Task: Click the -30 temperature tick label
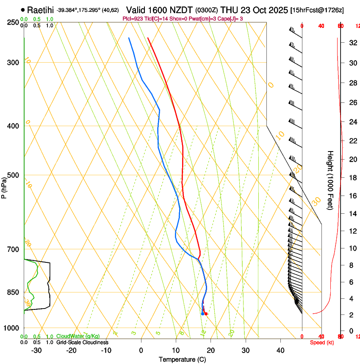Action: click(x=36, y=350)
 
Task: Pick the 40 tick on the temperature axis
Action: click(x=280, y=350)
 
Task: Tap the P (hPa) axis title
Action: click(x=4, y=186)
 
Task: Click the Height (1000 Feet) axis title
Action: click(x=330, y=180)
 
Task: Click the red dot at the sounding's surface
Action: click(x=206, y=314)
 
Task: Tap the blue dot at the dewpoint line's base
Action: click(x=202, y=314)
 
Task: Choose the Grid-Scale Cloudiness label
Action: click(x=82, y=342)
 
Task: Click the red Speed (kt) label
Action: click(x=321, y=342)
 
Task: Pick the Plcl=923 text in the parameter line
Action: click(x=132, y=19)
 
